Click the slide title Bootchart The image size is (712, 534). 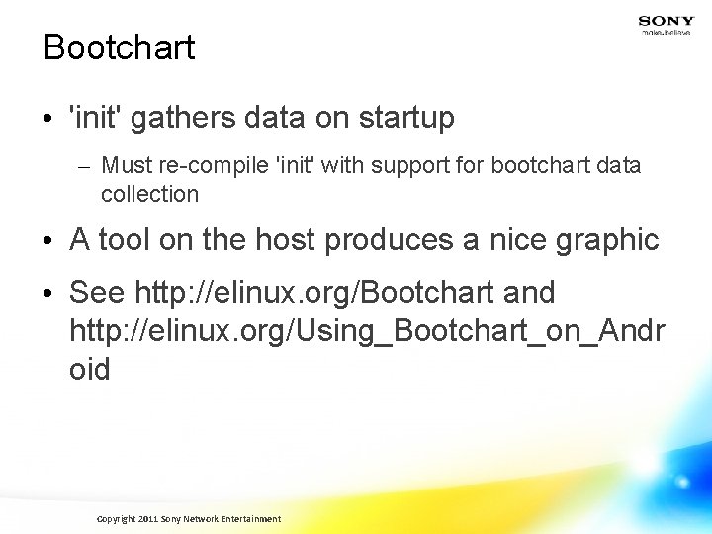pos(120,47)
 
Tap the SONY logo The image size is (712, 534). pos(666,21)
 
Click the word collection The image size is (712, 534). pos(149,194)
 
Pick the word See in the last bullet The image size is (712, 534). pos(97,293)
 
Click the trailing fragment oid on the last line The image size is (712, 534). pos(90,370)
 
